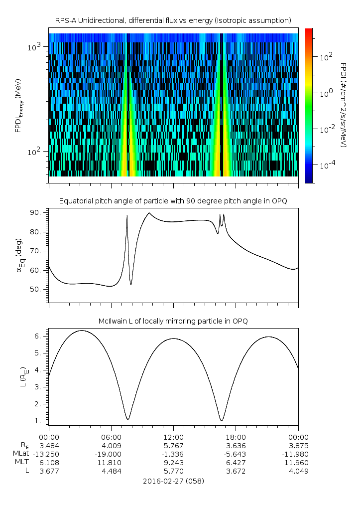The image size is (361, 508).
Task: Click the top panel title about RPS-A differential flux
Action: [173, 20]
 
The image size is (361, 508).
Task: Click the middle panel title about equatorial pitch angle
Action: [173, 201]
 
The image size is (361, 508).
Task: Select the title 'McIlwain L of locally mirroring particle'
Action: [173, 321]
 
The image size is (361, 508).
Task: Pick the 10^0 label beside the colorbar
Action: [326, 93]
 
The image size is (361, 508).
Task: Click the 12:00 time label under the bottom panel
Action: [173, 437]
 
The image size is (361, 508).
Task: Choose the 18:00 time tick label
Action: [236, 437]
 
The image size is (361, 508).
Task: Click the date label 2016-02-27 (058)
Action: [173, 482]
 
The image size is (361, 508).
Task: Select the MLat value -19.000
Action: [111, 454]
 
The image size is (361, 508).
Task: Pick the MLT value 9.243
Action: [173, 462]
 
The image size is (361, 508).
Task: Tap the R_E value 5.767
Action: [173, 446]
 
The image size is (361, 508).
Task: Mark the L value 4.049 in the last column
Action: [298, 471]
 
